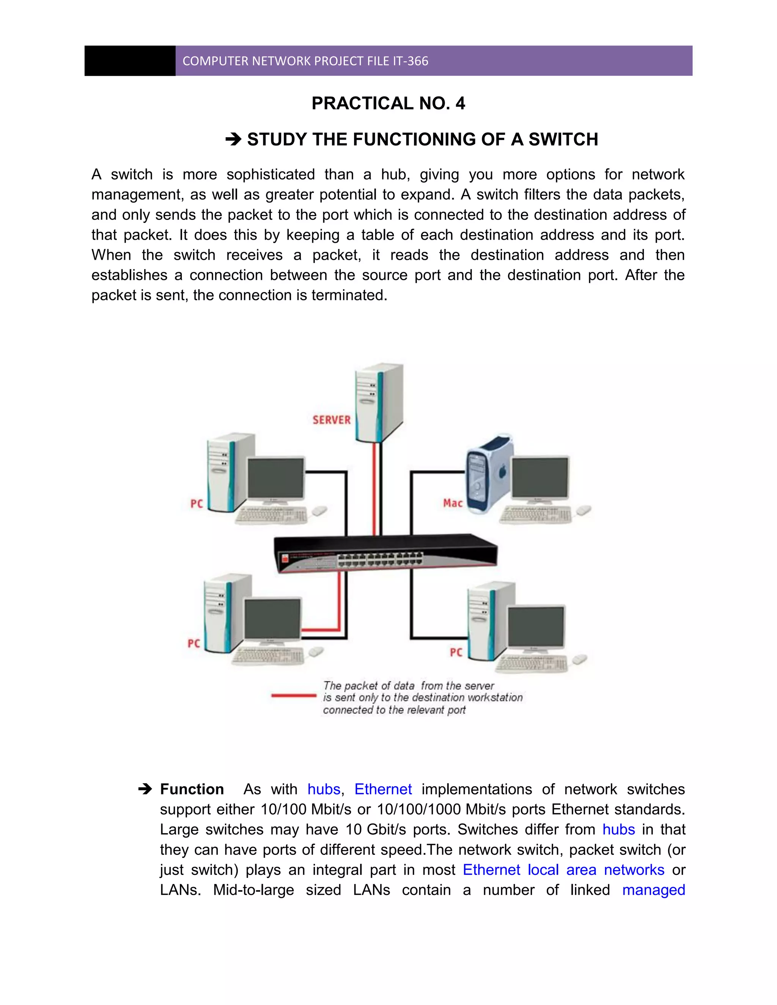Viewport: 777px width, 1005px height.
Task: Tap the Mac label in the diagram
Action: [453, 503]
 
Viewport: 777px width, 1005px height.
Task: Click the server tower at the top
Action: [378, 403]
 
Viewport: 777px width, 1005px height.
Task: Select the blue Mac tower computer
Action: [488, 474]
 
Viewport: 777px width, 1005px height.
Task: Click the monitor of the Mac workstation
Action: [540, 479]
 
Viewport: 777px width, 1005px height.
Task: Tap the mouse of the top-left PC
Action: [319, 511]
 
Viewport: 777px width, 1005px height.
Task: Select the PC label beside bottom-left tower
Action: [194, 643]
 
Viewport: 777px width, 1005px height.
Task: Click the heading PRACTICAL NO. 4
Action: [388, 104]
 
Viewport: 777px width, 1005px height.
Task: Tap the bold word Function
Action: [192, 789]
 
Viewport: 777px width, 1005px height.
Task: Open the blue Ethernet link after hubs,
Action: [383, 789]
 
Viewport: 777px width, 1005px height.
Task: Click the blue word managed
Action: [653, 890]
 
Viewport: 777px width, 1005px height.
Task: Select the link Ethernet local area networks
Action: [563, 870]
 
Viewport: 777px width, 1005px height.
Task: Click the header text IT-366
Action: [410, 61]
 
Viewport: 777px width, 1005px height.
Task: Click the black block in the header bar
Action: [130, 61]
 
